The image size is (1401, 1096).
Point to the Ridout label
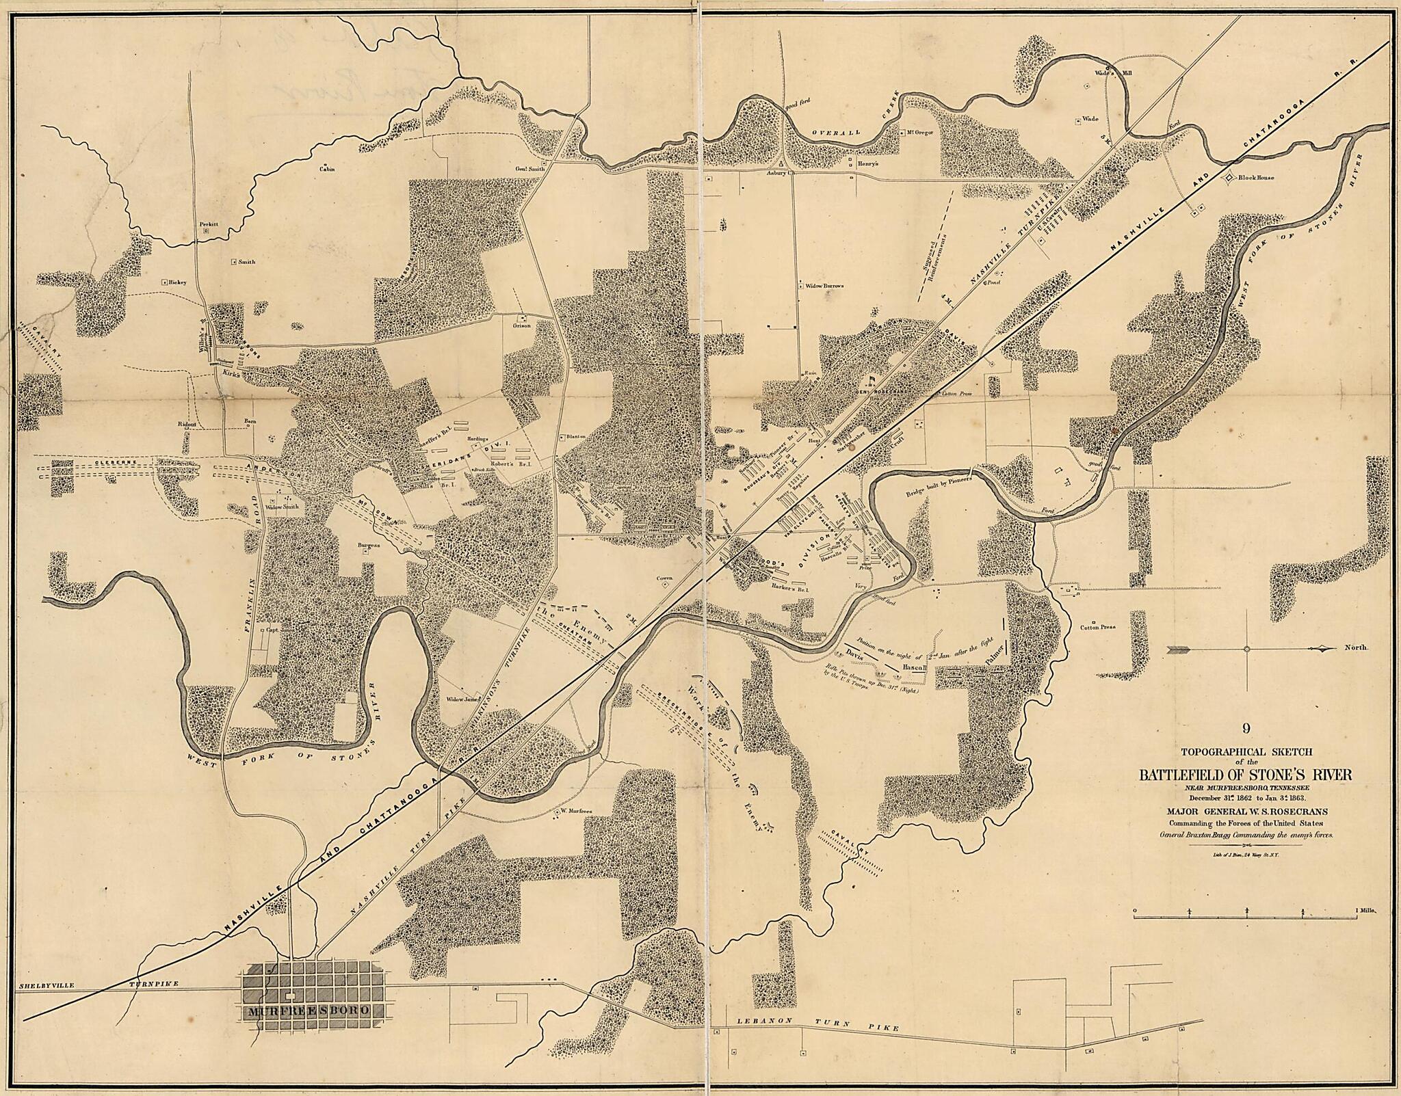click(187, 424)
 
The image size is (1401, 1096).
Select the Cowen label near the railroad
click(665, 578)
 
